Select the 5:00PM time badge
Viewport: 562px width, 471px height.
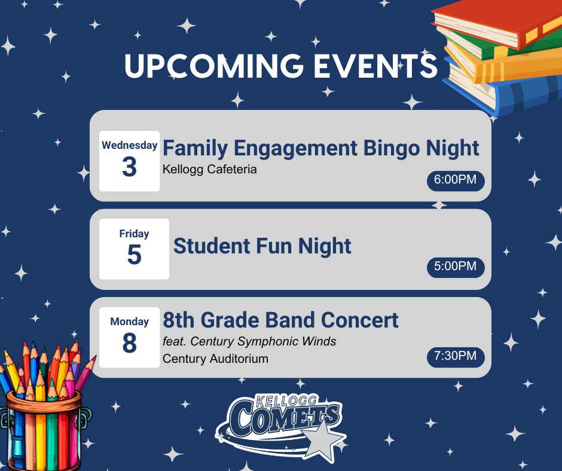coord(455,267)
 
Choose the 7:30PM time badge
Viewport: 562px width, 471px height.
coord(455,357)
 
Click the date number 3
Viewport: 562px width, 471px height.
coord(129,168)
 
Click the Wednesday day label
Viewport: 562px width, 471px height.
coord(129,145)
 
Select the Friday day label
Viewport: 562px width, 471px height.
coord(134,234)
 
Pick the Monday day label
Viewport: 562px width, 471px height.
coord(129,322)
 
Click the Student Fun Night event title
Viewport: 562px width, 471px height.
coord(262,246)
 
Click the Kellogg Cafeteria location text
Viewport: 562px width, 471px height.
coord(209,170)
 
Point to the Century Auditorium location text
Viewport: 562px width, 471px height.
coord(215,359)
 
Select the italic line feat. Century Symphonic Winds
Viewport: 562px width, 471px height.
coord(249,342)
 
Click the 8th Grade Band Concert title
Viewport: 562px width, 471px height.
coord(280,320)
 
